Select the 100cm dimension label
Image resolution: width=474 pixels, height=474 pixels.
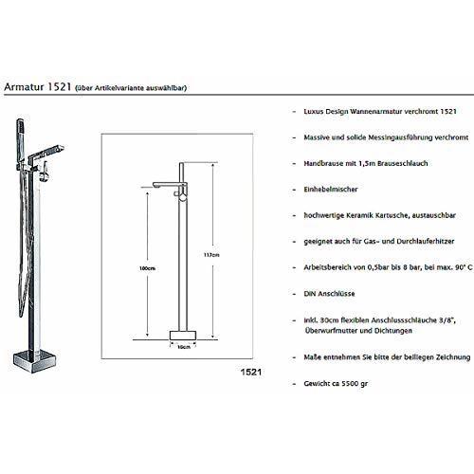pos(148,268)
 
